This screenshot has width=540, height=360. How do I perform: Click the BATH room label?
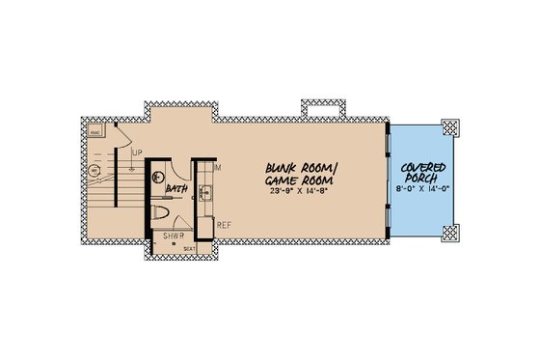pyautogui.click(x=175, y=190)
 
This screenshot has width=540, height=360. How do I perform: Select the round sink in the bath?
pyautogui.click(x=156, y=177)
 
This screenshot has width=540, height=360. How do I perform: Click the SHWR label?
pyautogui.click(x=174, y=235)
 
